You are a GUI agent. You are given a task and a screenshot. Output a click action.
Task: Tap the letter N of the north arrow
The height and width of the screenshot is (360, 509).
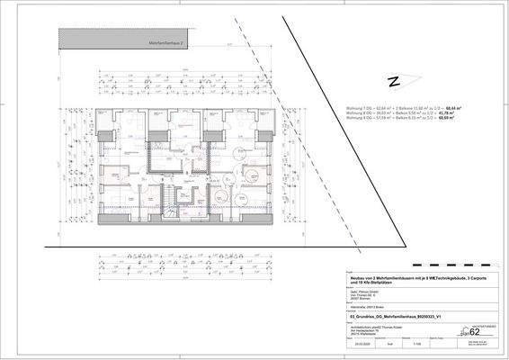(392, 81)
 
